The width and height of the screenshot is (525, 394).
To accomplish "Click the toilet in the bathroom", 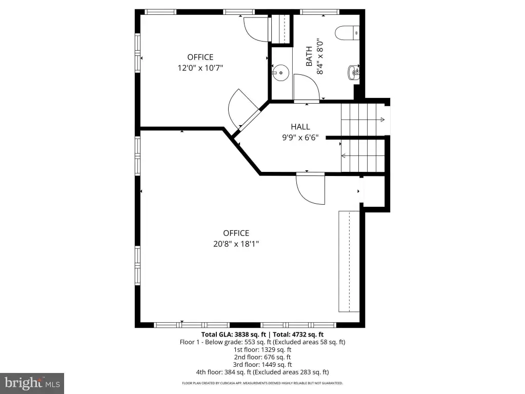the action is point(347,33).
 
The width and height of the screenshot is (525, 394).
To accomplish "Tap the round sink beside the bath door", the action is point(280,73).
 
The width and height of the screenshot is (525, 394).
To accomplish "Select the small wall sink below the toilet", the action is point(354,72).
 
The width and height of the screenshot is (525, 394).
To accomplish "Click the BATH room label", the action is point(309,56).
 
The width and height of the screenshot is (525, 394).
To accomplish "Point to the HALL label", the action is point(300,127).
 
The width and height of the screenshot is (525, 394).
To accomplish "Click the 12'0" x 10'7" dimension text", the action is point(200,68).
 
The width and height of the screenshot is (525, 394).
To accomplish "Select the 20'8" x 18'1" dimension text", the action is point(236,244).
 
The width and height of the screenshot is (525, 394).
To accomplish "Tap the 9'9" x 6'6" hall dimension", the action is point(300,137).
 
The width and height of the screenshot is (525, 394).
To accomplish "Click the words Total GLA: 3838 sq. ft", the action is point(233,334).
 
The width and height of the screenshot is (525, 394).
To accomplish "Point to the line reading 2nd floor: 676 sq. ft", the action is point(262,357).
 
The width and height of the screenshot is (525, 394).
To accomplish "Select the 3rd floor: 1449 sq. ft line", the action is point(262,365).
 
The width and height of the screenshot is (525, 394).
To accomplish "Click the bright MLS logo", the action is point(32,383).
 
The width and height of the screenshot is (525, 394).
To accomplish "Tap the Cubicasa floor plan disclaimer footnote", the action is point(262,383).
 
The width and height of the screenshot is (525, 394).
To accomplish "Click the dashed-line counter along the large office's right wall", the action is point(349,261).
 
